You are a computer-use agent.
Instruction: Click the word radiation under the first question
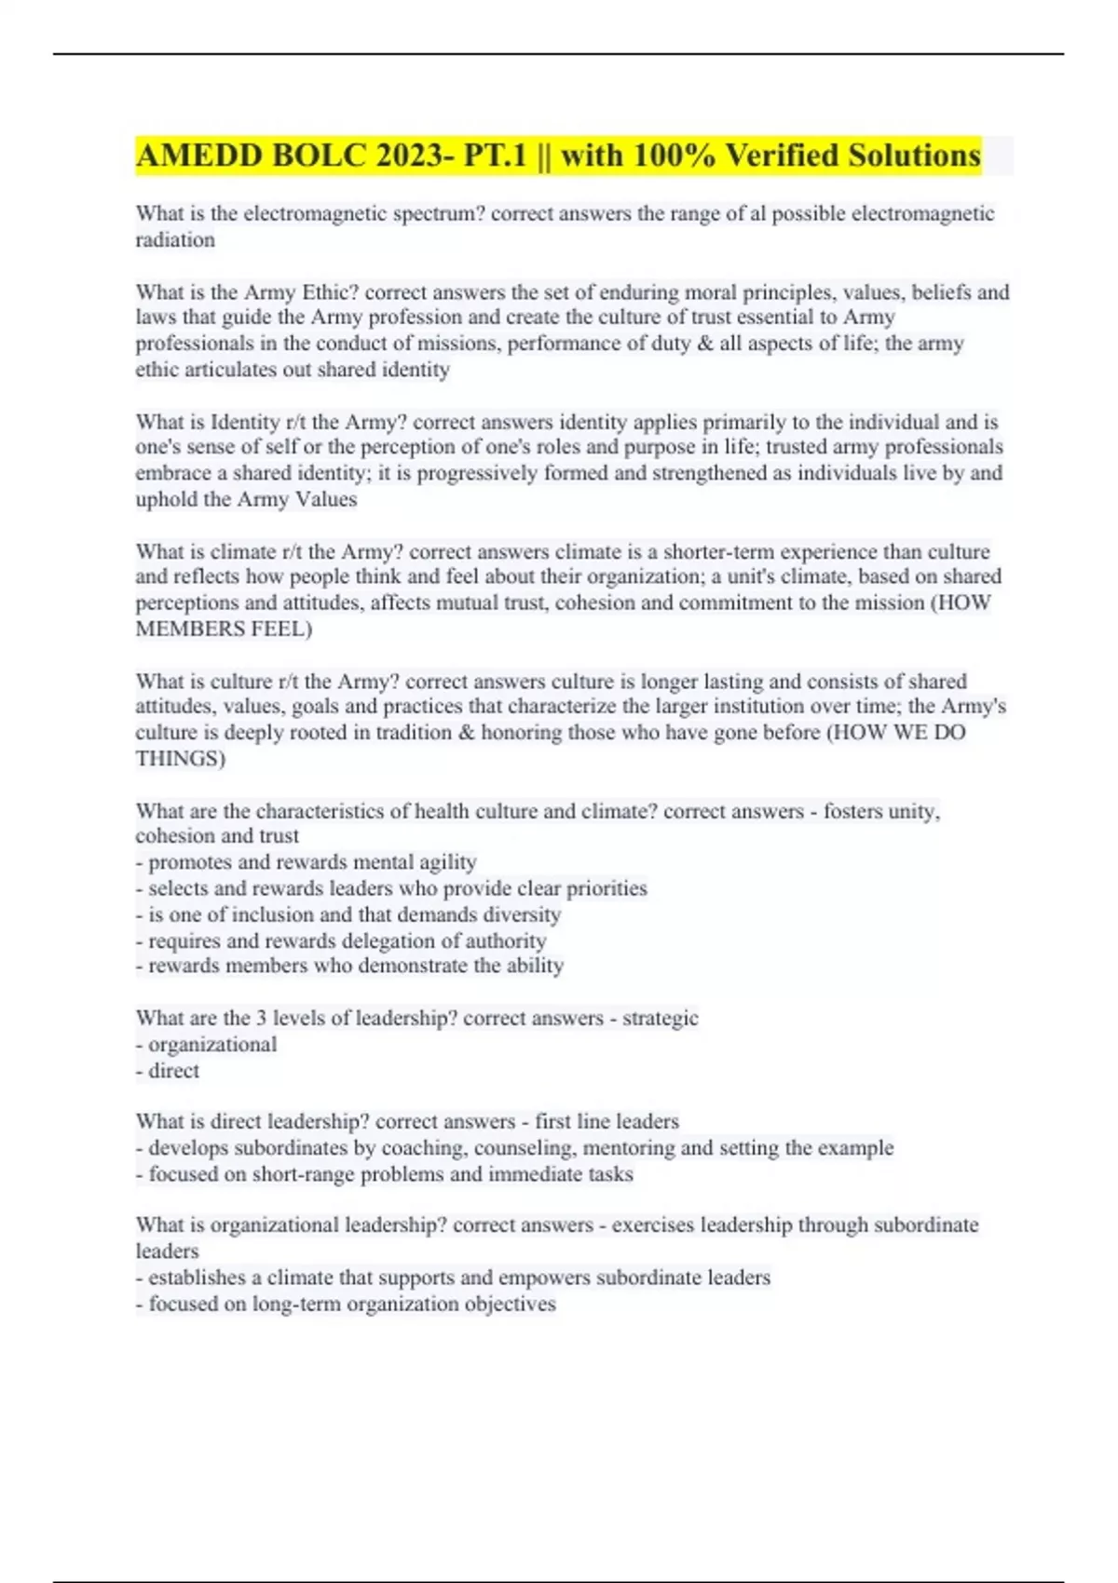175,239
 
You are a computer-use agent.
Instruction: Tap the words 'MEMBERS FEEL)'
224,629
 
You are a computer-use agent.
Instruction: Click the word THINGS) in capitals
181,758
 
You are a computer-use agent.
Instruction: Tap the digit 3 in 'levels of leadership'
261,1018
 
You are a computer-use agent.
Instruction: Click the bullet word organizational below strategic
212,1044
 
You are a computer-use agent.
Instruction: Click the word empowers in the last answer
543,1278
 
